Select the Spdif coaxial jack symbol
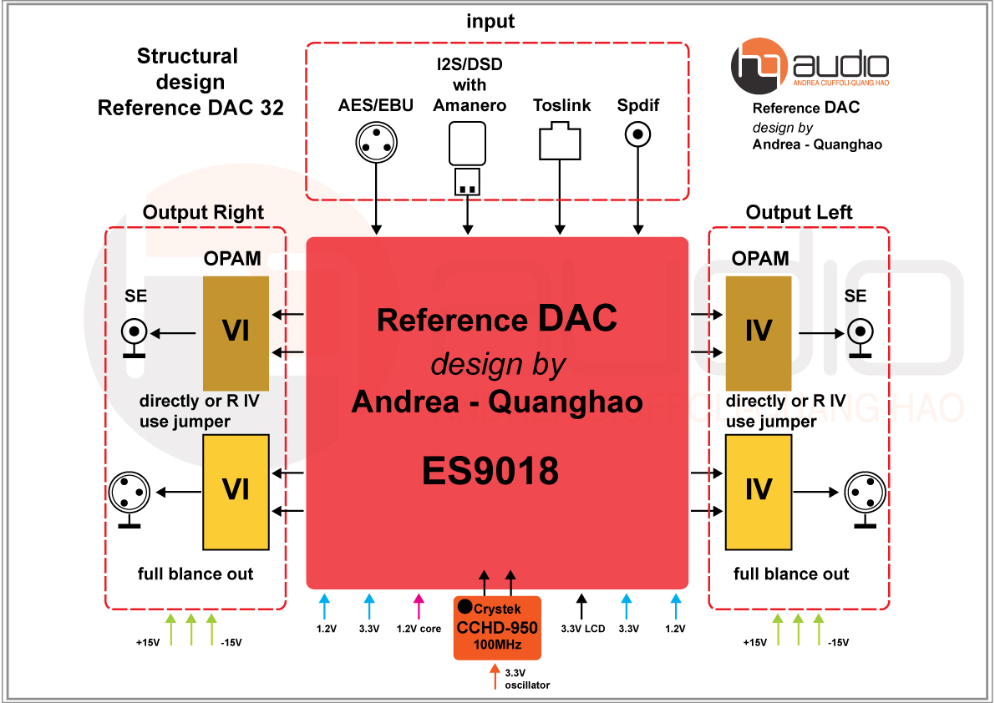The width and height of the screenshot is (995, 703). coord(639,134)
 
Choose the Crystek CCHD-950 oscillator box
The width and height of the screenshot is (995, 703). coord(497,628)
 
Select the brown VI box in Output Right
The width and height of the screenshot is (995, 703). coord(236,331)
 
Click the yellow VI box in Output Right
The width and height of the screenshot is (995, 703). coord(236,488)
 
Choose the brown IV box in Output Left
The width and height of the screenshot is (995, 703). coord(759,331)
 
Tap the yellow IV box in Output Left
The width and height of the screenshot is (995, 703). coord(759,488)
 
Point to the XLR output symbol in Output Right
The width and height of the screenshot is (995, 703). coord(129,493)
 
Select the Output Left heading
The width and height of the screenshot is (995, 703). coord(799,213)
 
